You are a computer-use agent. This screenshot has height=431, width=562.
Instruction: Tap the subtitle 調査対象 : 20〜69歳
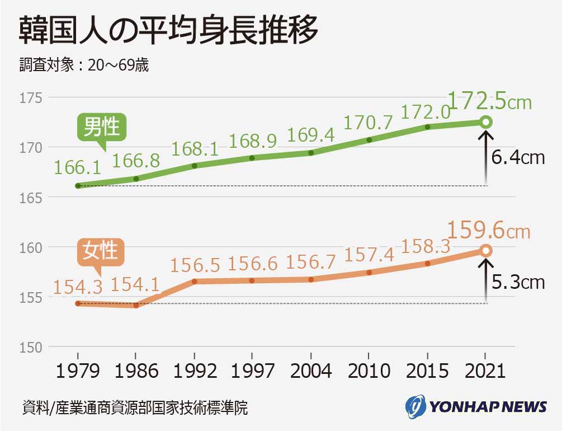[84, 65]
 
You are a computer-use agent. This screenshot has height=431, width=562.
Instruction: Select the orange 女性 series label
[101, 250]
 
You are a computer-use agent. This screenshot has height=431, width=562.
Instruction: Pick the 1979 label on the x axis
[78, 370]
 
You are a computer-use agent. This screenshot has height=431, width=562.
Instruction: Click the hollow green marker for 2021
[485, 122]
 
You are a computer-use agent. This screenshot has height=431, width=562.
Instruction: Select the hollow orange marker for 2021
[485, 251]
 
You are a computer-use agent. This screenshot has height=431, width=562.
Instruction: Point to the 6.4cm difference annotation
[518, 158]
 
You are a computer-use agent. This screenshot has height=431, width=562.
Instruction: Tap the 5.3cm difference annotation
[518, 282]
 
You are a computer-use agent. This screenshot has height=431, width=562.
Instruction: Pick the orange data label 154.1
[135, 285]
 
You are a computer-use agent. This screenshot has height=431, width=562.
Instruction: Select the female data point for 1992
[194, 281]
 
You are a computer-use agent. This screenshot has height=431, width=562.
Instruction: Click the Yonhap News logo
[476, 406]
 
